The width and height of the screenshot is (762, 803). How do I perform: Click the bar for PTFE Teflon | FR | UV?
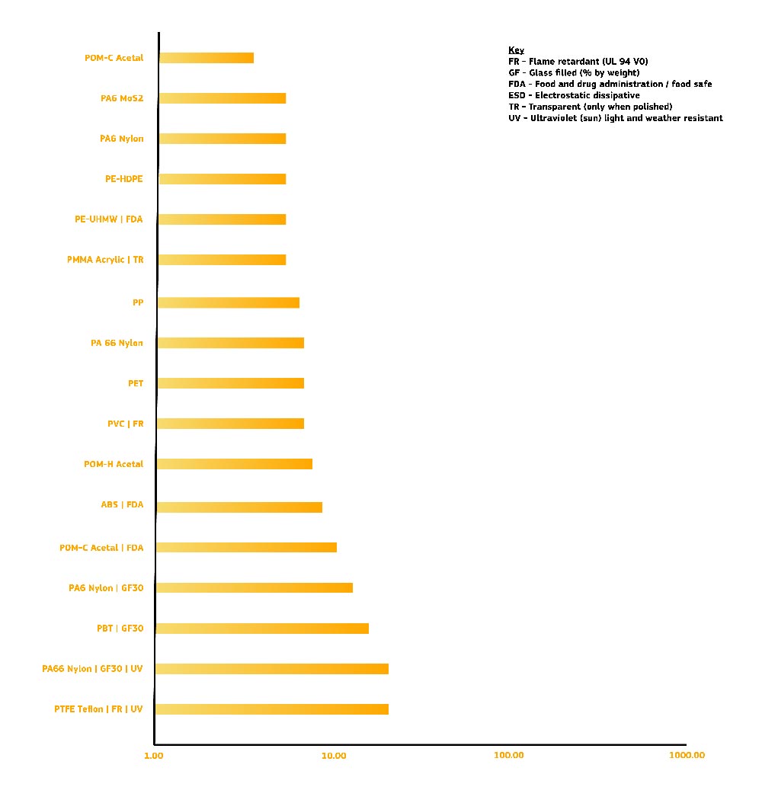272,709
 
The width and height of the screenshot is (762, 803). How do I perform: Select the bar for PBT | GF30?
262,629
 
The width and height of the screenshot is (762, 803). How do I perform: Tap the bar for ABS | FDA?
239,507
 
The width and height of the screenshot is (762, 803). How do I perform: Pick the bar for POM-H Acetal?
235,464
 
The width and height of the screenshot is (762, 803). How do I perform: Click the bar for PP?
228,302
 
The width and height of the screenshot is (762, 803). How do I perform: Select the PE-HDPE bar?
222,179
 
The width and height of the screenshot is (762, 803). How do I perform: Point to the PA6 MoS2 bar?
222,98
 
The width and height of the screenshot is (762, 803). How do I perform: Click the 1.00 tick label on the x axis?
154,756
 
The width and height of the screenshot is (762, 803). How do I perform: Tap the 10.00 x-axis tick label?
334,756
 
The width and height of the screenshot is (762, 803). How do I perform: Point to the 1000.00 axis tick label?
687,756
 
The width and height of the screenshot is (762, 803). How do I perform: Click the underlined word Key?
516,50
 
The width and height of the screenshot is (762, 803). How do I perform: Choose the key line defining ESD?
574,95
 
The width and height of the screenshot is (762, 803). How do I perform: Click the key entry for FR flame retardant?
578,61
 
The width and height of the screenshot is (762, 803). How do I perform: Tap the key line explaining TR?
590,107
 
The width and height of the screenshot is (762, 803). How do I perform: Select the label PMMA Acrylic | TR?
105,260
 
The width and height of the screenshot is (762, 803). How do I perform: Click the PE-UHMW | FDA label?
108,219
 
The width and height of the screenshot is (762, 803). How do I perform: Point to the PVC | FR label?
125,424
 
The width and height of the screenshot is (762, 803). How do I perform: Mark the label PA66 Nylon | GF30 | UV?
92,669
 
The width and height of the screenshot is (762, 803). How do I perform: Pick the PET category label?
136,383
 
